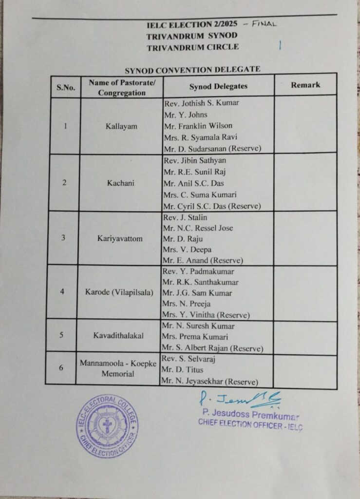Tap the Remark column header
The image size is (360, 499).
pos(305,85)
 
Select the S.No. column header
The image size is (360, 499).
pos(66,88)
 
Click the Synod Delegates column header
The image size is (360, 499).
pos(218,86)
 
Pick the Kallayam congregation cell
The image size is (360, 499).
pos(121,126)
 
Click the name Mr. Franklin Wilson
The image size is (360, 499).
pos(198,126)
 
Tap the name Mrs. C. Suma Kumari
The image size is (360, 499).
pos(200,194)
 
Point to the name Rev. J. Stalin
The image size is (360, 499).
pos(186,217)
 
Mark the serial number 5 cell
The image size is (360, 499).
pos(62,335)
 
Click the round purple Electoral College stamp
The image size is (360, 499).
pos(107,426)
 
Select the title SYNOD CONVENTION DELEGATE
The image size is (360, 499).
pos(192,69)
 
